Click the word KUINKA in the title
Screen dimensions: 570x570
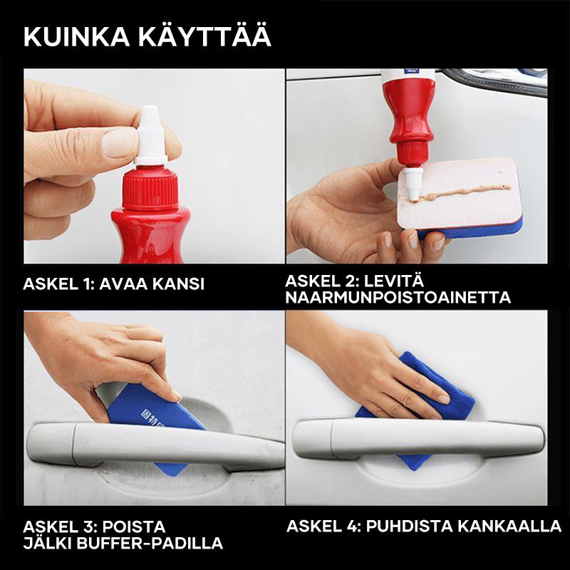click(x=76, y=37)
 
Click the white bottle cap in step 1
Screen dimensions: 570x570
click(x=150, y=135)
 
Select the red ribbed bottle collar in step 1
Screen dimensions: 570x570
click(x=150, y=187)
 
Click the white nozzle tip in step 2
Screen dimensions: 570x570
click(x=413, y=184)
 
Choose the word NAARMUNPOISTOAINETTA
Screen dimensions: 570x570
click(x=398, y=297)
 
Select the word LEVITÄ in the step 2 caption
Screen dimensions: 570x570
click(x=394, y=280)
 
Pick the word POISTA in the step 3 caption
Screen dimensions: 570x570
click(x=134, y=527)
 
